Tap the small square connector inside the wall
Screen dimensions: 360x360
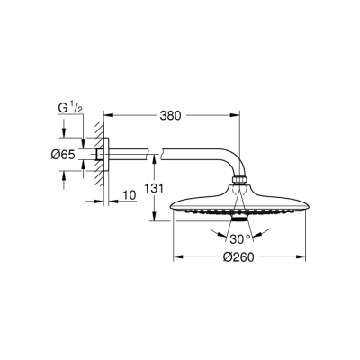coord(98,154)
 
